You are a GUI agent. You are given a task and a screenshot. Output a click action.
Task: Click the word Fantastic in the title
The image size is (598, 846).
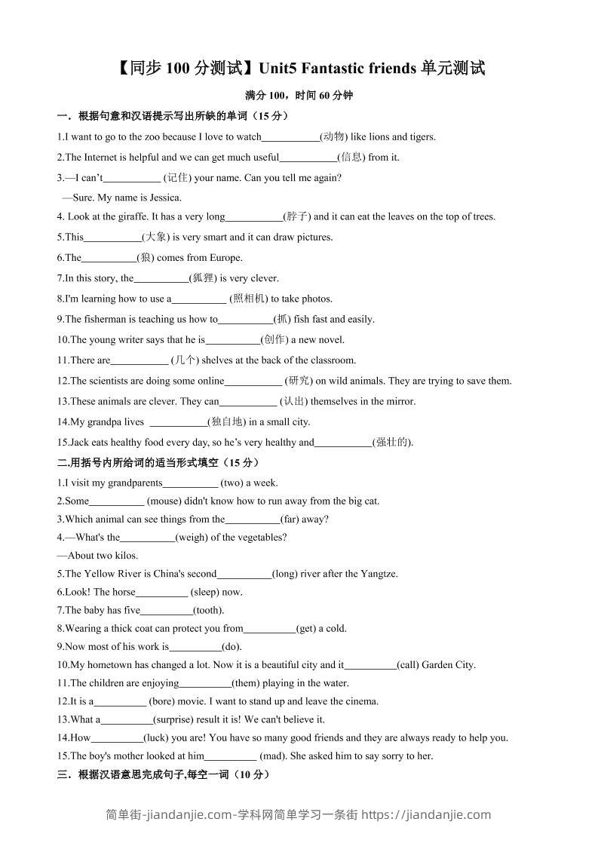(340, 69)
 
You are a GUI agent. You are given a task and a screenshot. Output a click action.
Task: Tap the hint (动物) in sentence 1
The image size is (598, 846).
(333, 136)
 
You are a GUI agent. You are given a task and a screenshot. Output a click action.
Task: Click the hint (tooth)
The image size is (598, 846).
(209, 610)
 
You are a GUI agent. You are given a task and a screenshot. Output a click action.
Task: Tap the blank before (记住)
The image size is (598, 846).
(132, 178)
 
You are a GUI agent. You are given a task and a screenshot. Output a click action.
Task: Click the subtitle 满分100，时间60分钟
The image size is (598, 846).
(299, 96)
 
